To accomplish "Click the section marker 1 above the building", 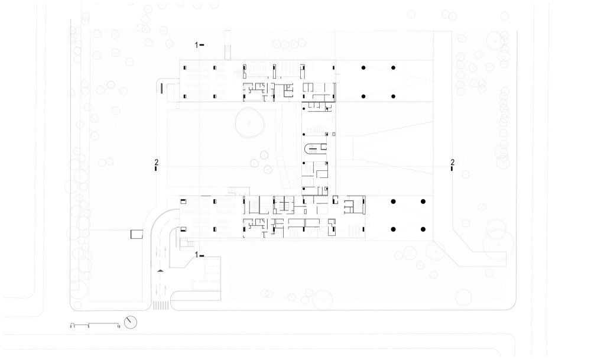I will click(x=199, y=44).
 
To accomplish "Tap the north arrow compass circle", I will click(x=131, y=323).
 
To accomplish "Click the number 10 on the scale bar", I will click(x=119, y=326).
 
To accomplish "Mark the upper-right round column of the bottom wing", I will click(x=423, y=202).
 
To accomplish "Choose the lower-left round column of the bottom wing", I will click(x=393, y=228).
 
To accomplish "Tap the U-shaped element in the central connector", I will click(x=313, y=148).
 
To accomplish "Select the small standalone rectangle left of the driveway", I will click(x=137, y=234).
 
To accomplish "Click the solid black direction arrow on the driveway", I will click(x=159, y=271).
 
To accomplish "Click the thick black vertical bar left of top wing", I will click(x=161, y=88).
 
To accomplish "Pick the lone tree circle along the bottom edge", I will click(x=324, y=300).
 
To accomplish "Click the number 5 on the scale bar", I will click(x=88, y=326).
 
